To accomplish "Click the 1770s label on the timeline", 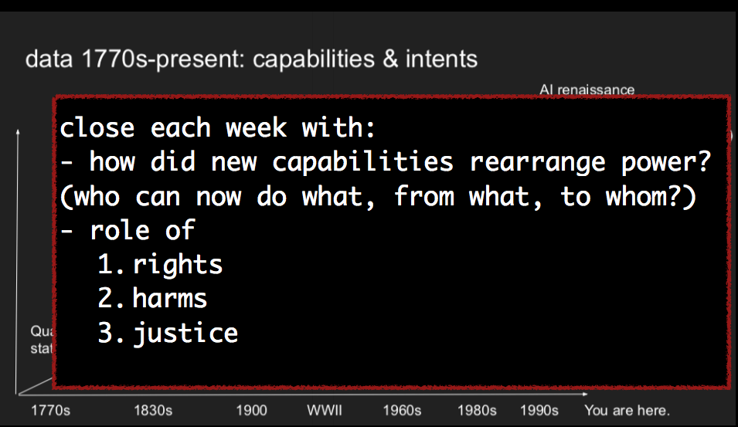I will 50,409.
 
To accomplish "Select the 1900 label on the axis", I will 251,409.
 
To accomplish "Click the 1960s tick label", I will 402,409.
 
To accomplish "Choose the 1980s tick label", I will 475,409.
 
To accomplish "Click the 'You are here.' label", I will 627,409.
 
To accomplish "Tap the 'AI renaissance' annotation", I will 587,90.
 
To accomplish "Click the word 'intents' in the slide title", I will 440,59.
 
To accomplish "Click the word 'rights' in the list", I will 178,265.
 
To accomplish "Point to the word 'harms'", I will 170,299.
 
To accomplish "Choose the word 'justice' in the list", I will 185,334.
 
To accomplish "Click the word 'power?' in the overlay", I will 681,161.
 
